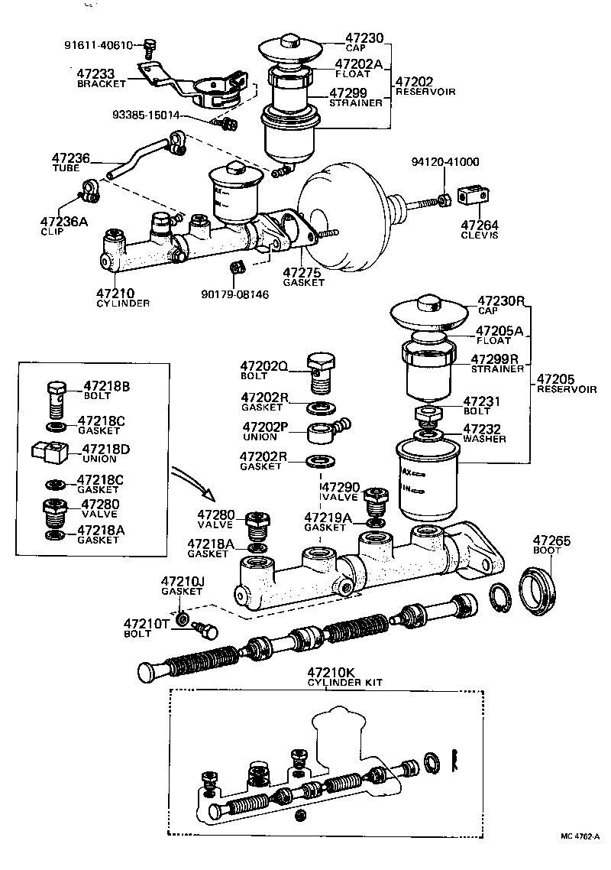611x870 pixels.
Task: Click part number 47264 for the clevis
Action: click(479, 225)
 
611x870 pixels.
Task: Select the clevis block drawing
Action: click(473, 196)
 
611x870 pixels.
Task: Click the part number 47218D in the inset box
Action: click(106, 449)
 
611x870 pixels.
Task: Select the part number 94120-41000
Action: click(445, 162)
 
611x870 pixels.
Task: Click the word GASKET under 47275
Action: click(303, 282)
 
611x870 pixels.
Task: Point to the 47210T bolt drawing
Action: click(205, 630)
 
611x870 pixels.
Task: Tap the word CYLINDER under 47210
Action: click(122, 303)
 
